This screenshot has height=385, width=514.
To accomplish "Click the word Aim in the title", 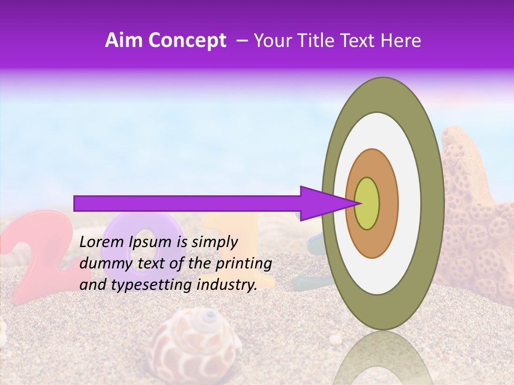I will coord(124,41).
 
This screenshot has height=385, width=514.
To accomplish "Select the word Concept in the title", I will coord(187,41).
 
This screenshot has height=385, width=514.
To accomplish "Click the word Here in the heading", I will coord(402,41).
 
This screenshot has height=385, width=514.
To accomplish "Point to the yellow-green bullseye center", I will coord(367,203).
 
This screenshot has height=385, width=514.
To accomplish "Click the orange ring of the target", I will coord(388,203).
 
